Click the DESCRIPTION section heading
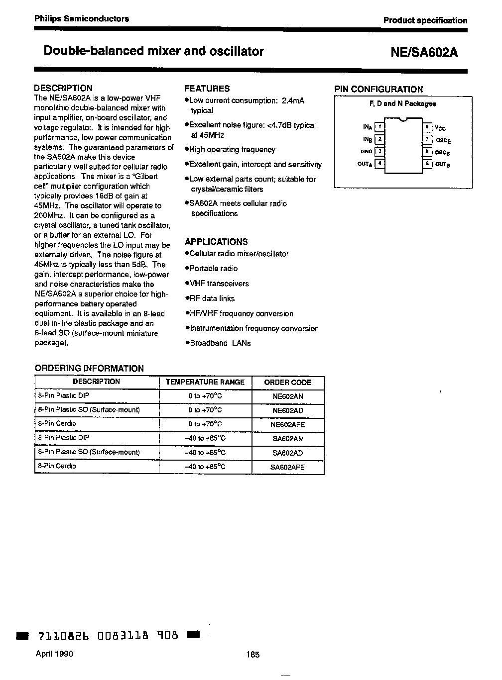coord(63,88)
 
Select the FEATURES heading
coord(207,89)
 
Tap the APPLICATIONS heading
coord(216,242)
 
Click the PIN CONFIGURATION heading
coord(378,89)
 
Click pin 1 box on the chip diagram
coord(380,127)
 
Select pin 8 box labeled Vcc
coord(427,127)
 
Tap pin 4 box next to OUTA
coord(380,163)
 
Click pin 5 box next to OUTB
coord(427,163)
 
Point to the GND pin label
coord(366,151)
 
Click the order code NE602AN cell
coord(288,396)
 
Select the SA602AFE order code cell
coord(288,468)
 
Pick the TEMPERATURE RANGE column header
coord(205,383)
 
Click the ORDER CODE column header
coord(288,383)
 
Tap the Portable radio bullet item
coord(214,269)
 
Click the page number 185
coord(252,655)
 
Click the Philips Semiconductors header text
coord(82,19)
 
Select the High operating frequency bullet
coord(232,150)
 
